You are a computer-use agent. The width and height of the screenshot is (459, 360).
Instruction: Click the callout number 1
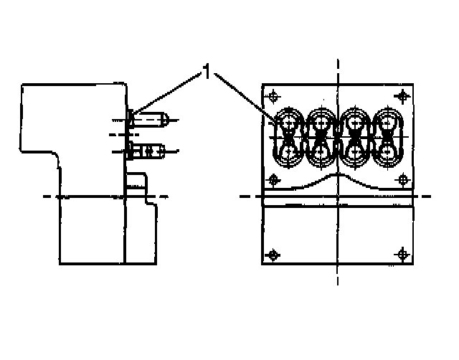[x=207, y=72]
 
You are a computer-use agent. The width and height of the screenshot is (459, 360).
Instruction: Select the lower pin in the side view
[x=146, y=151]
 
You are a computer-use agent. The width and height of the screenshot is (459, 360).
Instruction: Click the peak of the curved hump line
[x=338, y=175]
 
